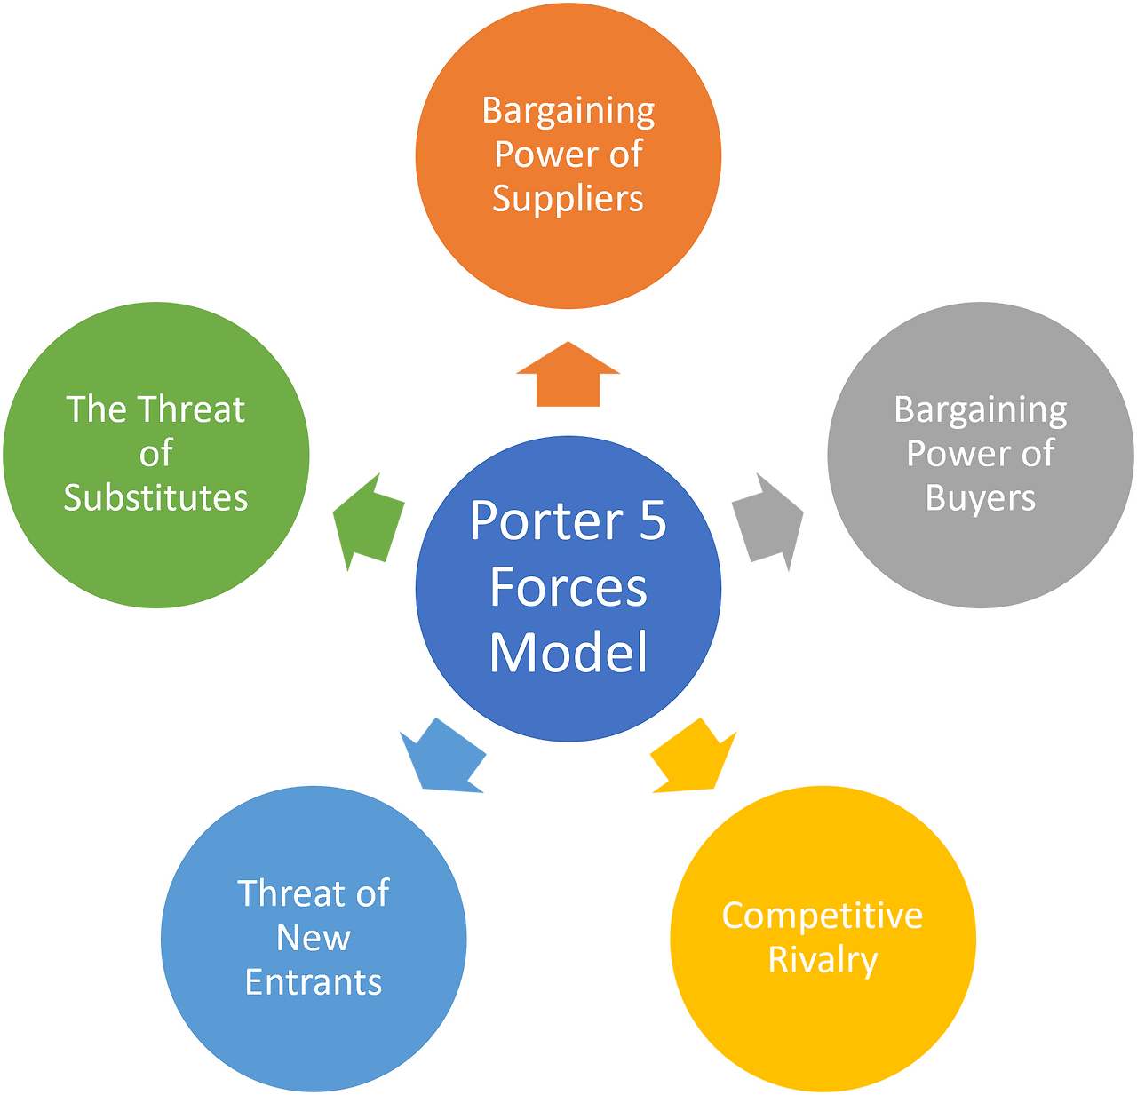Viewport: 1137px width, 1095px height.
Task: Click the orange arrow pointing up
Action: point(568,377)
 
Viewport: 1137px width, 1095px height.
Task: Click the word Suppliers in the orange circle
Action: point(568,198)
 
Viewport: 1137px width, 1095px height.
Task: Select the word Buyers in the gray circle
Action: point(981,498)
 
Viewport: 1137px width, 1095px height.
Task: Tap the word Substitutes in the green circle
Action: point(155,497)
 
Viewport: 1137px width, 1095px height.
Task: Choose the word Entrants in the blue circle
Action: point(314,982)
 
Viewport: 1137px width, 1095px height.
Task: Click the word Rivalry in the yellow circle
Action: point(823,960)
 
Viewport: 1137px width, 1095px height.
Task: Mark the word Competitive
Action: point(823,916)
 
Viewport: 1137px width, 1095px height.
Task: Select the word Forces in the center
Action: point(568,587)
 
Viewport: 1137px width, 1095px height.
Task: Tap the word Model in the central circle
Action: point(568,653)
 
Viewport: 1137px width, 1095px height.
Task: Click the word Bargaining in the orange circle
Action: point(568,111)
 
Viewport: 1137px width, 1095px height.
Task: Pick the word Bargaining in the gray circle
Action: point(981,410)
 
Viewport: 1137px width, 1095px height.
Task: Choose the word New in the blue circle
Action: point(314,938)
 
